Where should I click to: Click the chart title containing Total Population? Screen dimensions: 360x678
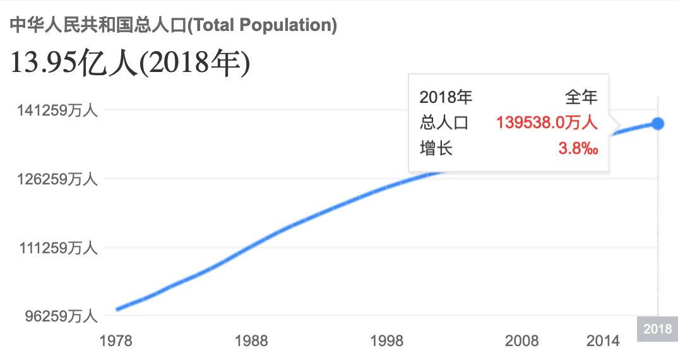pos(173,25)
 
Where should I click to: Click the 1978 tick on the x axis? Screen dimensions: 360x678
pos(116,341)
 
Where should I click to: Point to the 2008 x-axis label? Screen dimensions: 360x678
pos(522,341)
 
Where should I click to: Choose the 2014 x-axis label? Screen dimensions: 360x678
pos(603,341)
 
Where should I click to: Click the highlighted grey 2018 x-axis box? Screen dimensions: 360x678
pos(657,328)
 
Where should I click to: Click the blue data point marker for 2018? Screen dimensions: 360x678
pos(658,123)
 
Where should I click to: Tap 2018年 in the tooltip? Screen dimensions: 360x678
pos(446,97)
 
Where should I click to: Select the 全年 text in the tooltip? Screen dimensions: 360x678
pos(581,97)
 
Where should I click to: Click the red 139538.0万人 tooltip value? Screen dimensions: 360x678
pos(547,123)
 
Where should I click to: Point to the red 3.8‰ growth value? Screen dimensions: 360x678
pos(578,148)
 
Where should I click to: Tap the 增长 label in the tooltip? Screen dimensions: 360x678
pos(436,148)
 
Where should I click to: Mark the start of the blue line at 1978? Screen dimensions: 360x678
pos(117,309)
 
